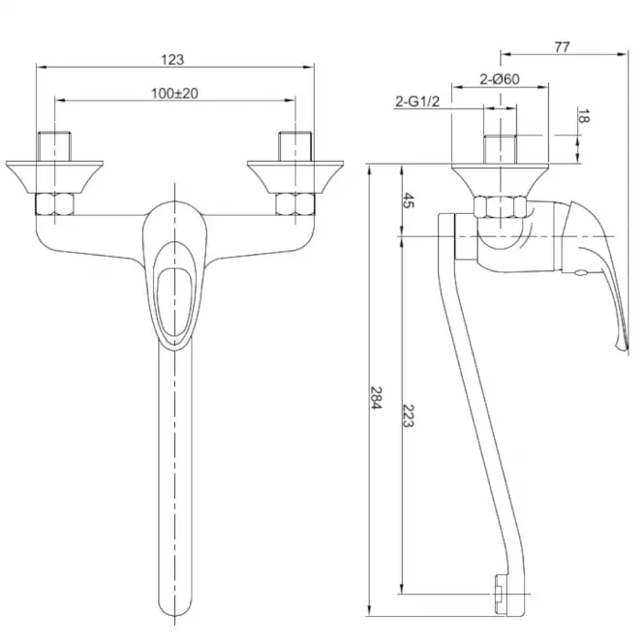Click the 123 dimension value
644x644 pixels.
172,60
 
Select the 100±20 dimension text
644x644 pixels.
174,94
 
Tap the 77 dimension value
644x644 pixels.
562,47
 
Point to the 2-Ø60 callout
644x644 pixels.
500,78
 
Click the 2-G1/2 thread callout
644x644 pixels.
417,101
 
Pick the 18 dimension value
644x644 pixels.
583,116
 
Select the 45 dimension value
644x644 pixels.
408,200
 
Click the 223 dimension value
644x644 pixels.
408,415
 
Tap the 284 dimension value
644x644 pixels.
376,397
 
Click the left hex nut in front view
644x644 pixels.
54,204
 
